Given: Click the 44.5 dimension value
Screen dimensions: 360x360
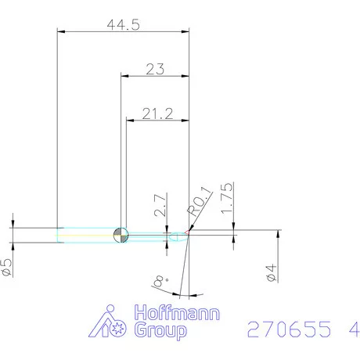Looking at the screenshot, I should [123, 24].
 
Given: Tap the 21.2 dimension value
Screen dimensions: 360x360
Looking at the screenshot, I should [157, 114].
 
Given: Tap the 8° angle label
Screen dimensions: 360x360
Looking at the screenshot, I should [161, 278].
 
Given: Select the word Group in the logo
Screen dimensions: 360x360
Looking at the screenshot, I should [161, 331].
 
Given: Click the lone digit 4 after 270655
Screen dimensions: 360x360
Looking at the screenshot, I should [347, 329].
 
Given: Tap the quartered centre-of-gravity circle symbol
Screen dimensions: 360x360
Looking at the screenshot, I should [121, 234].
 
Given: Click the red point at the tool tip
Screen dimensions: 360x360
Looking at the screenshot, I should [189, 232].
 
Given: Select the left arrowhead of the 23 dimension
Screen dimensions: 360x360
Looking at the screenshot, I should [124, 76].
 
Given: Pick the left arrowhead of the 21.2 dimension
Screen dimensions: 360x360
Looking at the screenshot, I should [131, 121].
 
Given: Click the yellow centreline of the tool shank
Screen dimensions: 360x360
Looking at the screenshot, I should [86, 235].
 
